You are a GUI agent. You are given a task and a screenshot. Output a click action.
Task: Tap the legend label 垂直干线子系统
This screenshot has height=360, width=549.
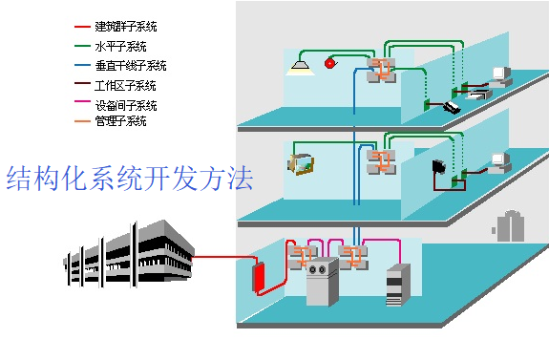pyautogui.click(x=131, y=66)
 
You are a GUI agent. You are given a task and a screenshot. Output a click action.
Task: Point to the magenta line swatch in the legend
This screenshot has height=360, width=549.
pyautogui.click(x=81, y=105)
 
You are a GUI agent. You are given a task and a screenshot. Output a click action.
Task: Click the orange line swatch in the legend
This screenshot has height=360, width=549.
pyautogui.click(x=81, y=121)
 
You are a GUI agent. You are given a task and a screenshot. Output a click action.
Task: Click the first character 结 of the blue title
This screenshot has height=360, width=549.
pyautogui.click(x=18, y=179)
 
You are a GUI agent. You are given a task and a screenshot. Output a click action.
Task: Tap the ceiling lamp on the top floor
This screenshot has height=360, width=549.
pyautogui.click(x=302, y=64)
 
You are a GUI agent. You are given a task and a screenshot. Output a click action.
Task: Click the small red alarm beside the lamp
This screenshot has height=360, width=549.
pyautogui.click(x=331, y=63)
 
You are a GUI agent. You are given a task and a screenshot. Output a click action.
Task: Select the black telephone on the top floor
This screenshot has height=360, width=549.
pyautogui.click(x=452, y=107)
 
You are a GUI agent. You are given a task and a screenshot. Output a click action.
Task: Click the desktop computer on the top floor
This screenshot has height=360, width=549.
pyautogui.click(x=498, y=77)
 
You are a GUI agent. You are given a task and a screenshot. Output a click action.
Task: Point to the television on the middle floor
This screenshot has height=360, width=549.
pyautogui.click(x=301, y=163)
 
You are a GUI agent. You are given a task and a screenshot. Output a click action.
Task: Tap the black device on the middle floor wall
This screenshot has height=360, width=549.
pyautogui.click(x=439, y=167)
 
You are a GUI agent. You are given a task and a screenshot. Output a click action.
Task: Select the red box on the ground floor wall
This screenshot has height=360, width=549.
pyautogui.click(x=257, y=277)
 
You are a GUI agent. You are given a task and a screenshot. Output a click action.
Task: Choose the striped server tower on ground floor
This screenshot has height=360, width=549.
pyautogui.click(x=397, y=285)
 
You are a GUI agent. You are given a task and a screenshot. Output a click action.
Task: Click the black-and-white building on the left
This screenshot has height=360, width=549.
pyautogui.click(x=129, y=253)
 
